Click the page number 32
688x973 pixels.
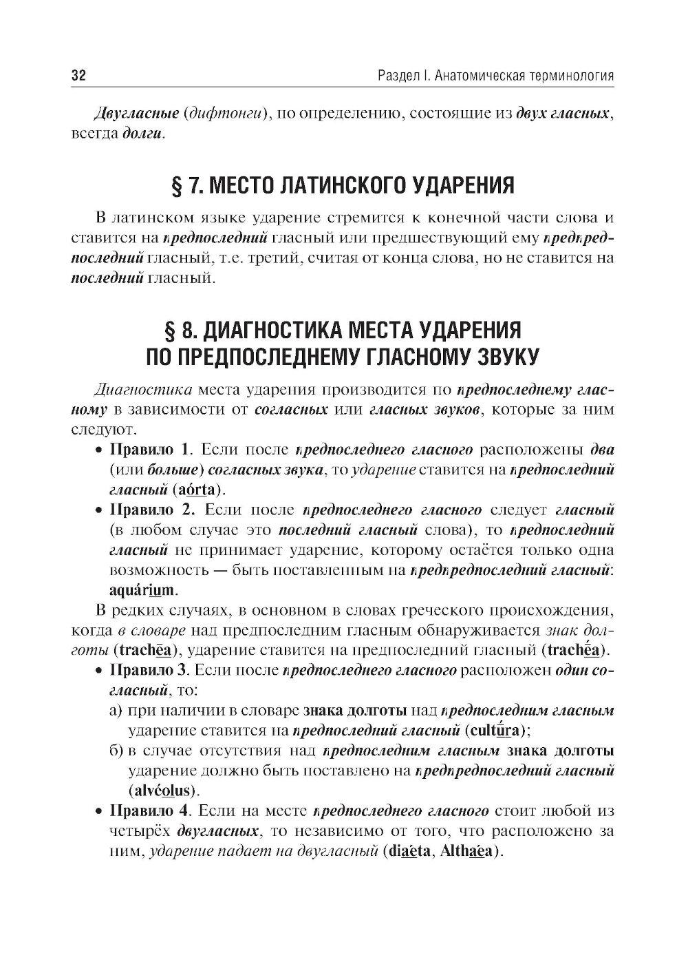(78, 75)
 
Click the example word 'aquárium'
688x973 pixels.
(142, 590)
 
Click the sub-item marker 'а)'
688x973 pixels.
(116, 710)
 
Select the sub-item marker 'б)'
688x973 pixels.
(116, 750)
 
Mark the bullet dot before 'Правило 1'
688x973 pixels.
(99, 450)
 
